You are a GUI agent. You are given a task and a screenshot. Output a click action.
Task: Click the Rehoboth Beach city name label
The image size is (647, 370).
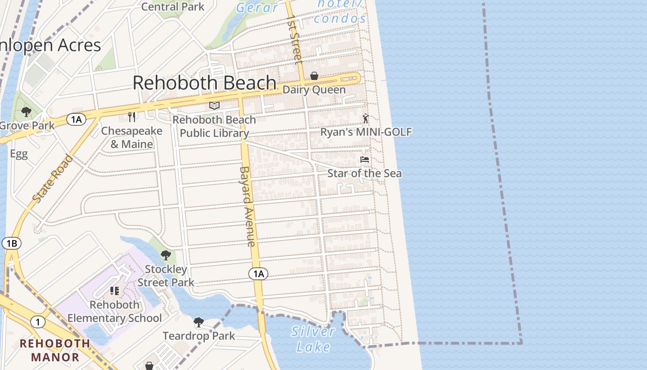click(x=204, y=83)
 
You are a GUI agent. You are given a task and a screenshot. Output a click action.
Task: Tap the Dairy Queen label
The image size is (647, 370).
click(x=314, y=90)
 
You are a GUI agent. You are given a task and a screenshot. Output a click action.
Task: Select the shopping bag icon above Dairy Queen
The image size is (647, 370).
click(x=314, y=75)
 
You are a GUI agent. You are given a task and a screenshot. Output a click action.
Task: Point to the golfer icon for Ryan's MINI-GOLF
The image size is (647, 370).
click(x=366, y=118)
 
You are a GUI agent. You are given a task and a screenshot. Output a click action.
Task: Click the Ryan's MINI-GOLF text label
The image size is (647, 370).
click(x=366, y=132)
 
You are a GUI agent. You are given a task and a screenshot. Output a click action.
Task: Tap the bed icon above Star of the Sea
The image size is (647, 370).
click(x=365, y=160)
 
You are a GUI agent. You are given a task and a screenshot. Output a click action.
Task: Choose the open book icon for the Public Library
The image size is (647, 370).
click(x=214, y=106)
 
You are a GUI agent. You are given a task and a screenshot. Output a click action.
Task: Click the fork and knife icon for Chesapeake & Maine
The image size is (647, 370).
click(x=132, y=117)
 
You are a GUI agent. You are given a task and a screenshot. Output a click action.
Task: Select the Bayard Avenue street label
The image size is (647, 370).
click(x=247, y=206)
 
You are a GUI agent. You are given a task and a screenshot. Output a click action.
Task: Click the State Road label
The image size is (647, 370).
click(x=53, y=178)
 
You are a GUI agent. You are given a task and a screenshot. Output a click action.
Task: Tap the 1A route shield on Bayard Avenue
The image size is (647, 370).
click(x=258, y=274)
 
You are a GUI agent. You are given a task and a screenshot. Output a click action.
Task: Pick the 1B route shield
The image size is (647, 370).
click(x=12, y=243)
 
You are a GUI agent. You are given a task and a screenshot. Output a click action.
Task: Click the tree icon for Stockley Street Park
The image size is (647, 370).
click(x=165, y=255)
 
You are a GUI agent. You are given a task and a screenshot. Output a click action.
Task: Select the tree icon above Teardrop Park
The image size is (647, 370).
click(x=199, y=322)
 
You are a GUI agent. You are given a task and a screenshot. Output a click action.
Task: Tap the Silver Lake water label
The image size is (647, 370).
click(x=313, y=339)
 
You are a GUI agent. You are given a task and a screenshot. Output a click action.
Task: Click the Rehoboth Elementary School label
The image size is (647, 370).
click(x=115, y=311)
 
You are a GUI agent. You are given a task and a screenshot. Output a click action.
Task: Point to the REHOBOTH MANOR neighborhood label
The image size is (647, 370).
click(x=55, y=350)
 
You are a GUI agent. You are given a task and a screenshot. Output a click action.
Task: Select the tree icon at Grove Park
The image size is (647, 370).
click(x=26, y=111)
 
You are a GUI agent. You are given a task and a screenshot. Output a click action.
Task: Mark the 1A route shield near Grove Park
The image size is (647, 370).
click(x=76, y=120)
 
